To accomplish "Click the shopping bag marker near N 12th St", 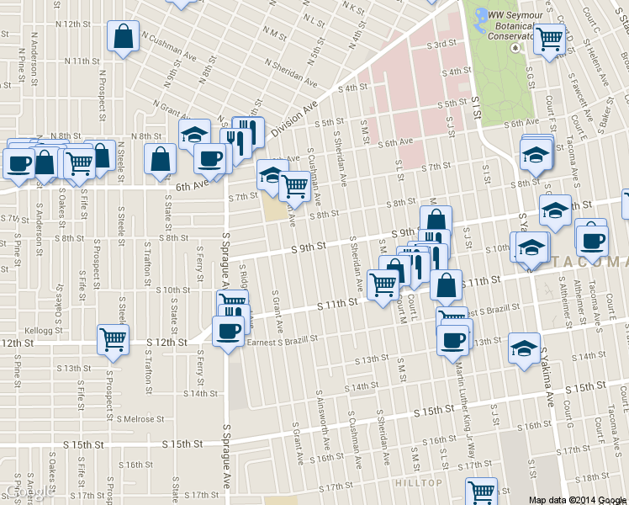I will (x=123, y=37).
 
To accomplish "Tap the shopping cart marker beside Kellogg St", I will (x=113, y=339).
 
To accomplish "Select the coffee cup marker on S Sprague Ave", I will (x=228, y=331).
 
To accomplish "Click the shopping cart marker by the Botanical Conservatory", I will (x=550, y=39).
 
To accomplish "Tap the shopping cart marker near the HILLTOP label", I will (x=482, y=492).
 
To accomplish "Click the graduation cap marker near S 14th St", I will (x=524, y=348).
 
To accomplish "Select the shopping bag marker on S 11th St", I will (x=446, y=285).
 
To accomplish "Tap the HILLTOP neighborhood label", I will (x=419, y=482).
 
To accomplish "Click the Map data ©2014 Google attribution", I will (x=578, y=499).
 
